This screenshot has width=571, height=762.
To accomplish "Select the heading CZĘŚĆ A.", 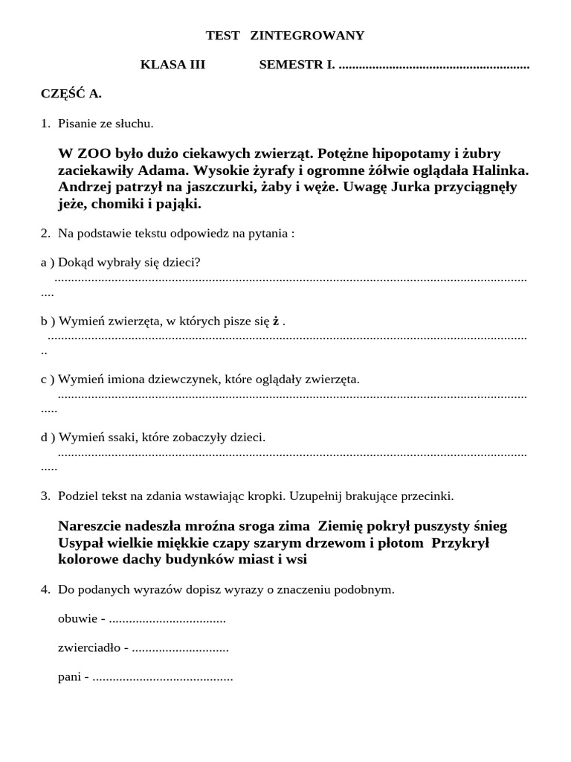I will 71,94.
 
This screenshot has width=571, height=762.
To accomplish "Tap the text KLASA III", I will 172,65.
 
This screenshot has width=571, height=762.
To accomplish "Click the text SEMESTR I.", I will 297,65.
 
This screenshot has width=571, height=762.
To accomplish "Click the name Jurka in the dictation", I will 407,187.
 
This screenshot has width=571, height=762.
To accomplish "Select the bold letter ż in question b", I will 276,321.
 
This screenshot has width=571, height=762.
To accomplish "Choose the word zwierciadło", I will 89,648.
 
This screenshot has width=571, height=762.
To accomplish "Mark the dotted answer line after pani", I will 163,678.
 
